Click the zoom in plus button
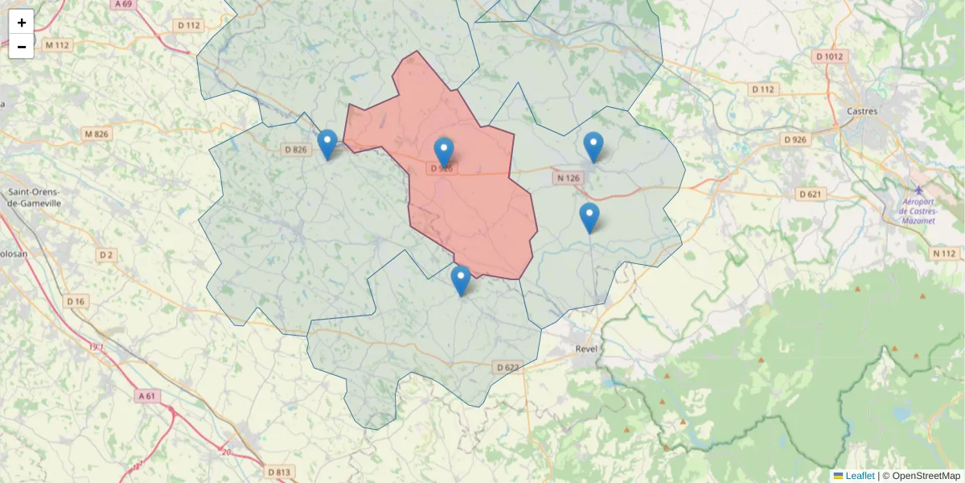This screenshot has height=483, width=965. pos(22,23)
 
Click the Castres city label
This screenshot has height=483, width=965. pos(863,111)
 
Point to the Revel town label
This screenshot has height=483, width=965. pos(589,349)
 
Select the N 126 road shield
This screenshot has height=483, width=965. pos(568,178)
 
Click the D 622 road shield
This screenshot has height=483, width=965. pos(507,367)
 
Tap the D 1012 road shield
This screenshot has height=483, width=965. pos(830,56)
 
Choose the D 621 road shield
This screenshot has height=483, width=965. pos(811,194)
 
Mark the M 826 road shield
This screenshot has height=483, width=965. pos(96,134)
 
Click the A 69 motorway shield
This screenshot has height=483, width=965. pos(123,4)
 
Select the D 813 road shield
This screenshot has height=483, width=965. pos(278,471)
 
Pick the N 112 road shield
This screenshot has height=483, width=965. pos(946,254)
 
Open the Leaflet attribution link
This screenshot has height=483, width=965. pos(860,476)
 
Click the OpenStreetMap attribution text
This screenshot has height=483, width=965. pos(926,476)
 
